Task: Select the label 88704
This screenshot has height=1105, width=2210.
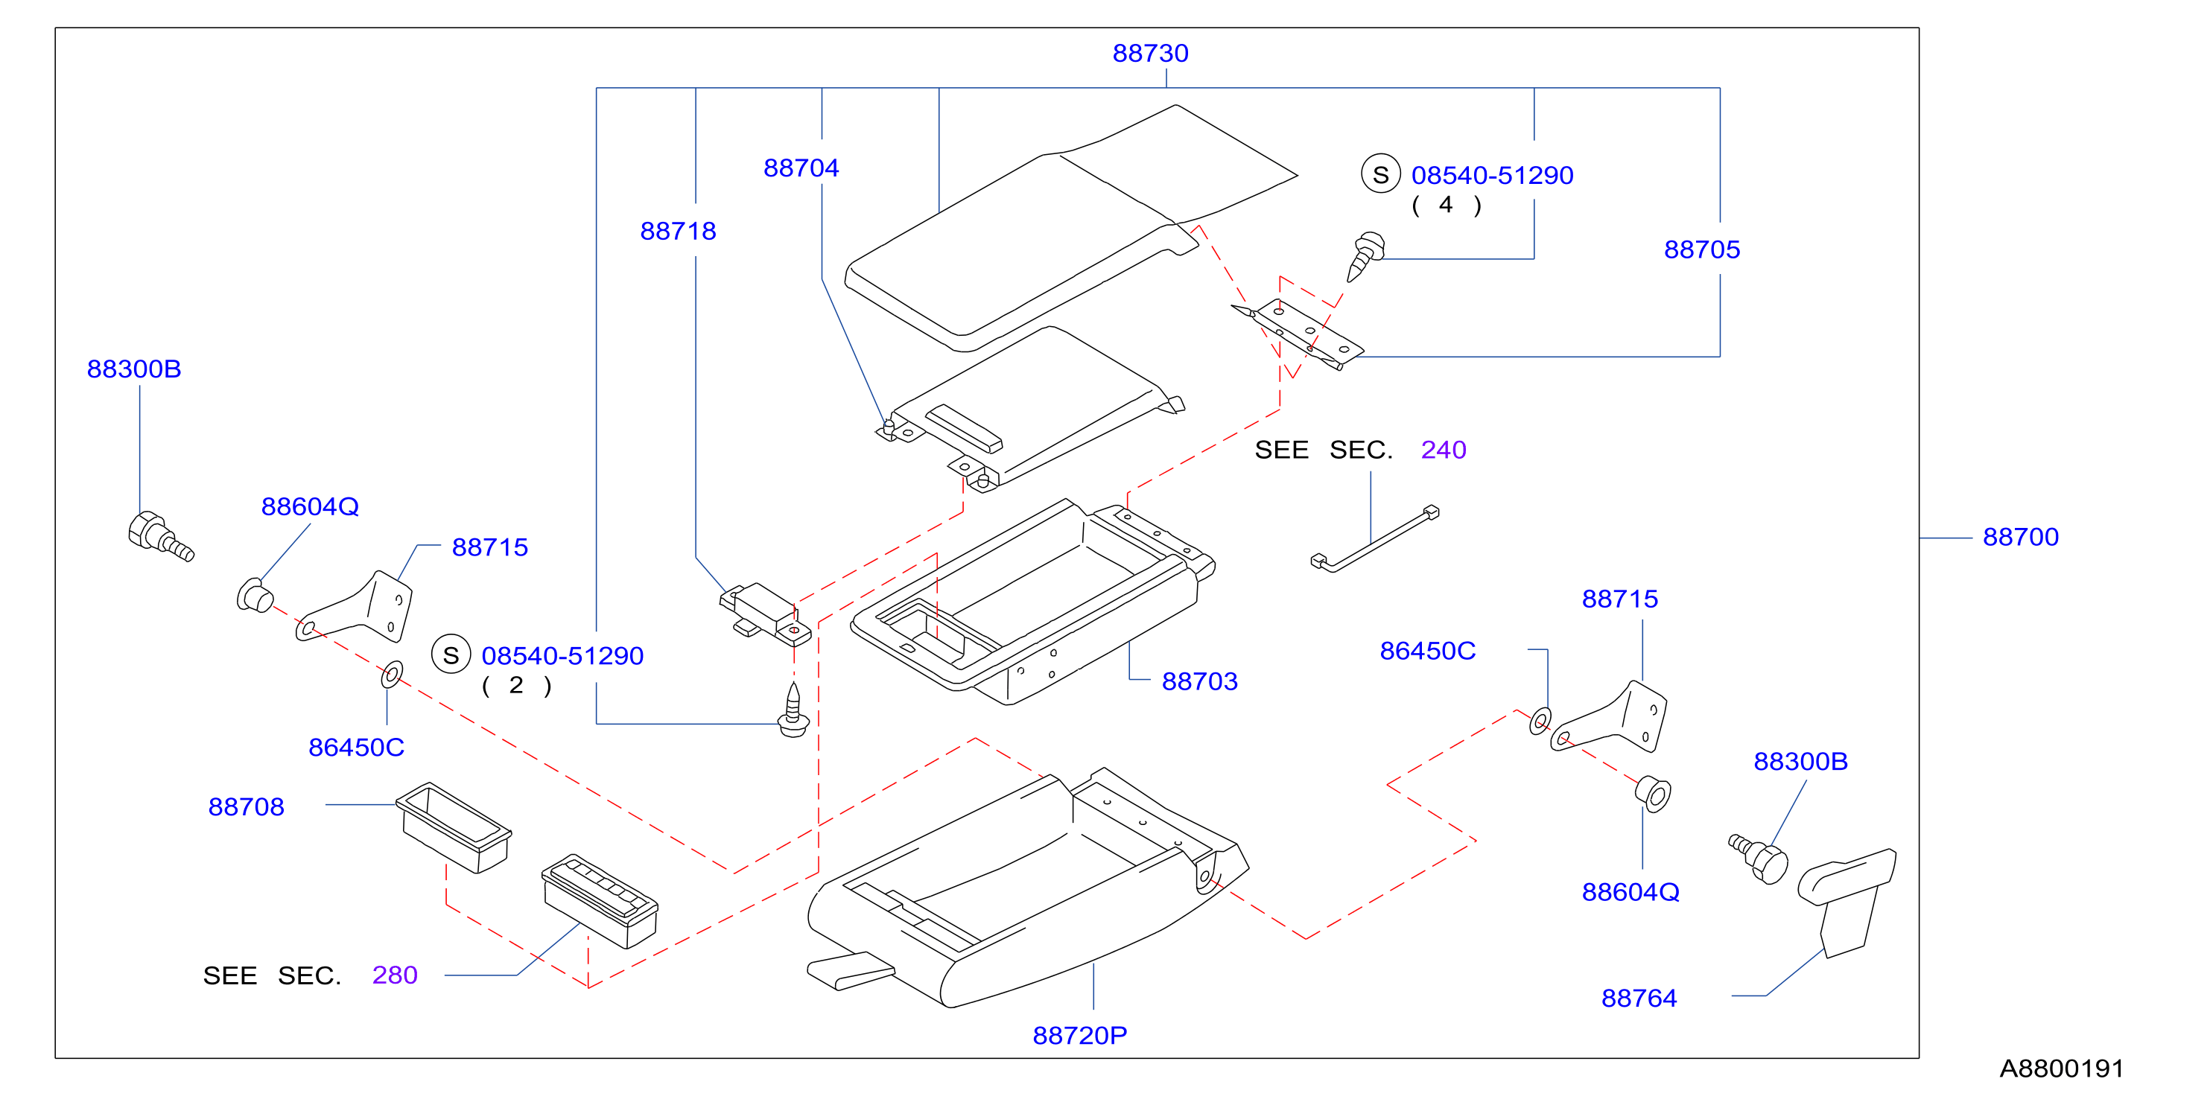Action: click(801, 168)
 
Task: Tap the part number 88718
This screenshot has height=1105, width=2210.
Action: click(678, 231)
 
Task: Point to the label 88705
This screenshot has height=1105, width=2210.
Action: click(1701, 249)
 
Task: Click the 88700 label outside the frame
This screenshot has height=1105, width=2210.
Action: click(2020, 537)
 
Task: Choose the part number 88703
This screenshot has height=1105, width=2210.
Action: click(1199, 681)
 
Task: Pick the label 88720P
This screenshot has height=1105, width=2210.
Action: click(1079, 1036)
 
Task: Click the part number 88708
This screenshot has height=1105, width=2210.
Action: click(247, 806)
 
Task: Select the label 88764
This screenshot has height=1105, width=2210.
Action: click(1639, 998)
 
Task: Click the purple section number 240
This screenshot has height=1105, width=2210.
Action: click(1443, 450)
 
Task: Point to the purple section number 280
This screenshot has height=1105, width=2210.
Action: click(395, 975)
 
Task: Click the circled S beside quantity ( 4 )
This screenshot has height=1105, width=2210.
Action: click(1380, 174)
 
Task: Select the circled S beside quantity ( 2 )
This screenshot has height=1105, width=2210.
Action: click(451, 655)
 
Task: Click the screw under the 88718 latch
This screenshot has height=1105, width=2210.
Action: click(793, 710)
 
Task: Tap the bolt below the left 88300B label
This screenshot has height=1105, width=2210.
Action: click(160, 536)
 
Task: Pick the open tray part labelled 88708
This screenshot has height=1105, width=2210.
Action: click(454, 827)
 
